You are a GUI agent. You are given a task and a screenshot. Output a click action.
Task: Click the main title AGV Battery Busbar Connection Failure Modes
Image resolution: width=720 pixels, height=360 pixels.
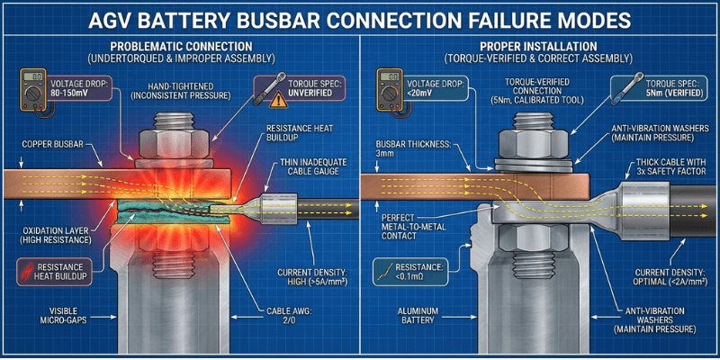point(360,19)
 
